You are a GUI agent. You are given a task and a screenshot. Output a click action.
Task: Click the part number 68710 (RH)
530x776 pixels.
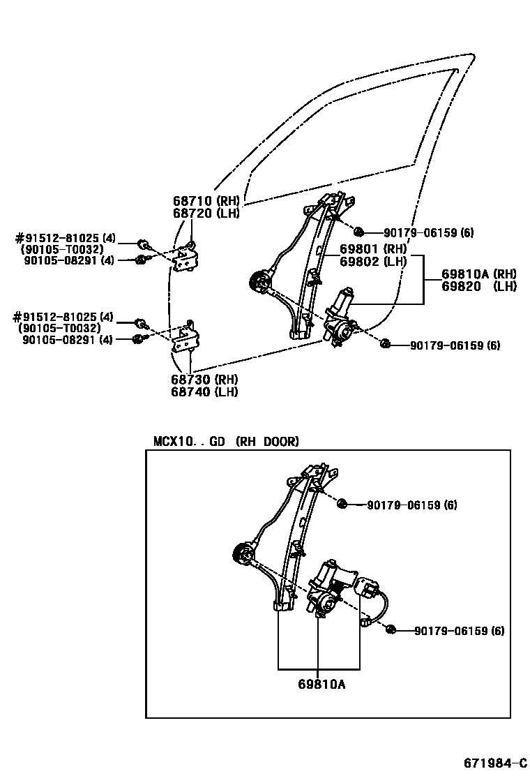click(x=206, y=202)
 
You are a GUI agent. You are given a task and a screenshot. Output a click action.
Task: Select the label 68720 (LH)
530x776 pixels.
click(x=206, y=214)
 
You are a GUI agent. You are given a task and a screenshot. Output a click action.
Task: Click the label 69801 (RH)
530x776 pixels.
click(x=373, y=249)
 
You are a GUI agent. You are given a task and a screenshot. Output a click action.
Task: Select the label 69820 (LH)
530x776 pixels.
click(x=478, y=286)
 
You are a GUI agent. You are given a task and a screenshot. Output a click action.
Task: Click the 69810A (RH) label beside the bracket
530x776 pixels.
click(x=478, y=274)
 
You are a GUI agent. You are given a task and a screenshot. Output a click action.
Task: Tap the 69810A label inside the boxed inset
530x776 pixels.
click(x=319, y=684)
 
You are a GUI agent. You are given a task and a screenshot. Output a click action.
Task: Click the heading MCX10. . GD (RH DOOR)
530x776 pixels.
click(x=226, y=442)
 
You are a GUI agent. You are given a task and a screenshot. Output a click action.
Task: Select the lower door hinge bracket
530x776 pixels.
click(x=185, y=341)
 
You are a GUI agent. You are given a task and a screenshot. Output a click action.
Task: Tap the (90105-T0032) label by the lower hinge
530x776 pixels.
click(x=61, y=329)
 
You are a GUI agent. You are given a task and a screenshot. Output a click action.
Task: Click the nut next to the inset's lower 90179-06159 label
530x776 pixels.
click(x=391, y=629)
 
